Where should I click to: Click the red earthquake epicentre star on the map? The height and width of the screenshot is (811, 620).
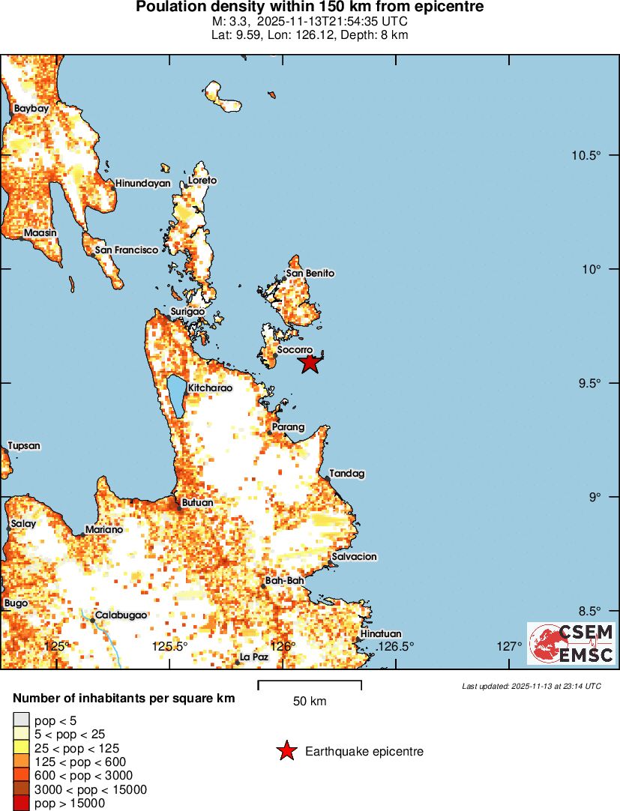310,364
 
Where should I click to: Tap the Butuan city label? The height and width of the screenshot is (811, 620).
198,503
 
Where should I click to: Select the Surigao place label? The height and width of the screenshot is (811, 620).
187,311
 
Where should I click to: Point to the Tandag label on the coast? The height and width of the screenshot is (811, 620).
347,474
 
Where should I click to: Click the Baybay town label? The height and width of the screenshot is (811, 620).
31,109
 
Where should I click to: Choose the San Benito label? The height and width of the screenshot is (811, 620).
310,274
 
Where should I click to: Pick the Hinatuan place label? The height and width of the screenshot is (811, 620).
381,634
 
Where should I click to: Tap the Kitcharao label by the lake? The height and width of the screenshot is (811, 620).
211,388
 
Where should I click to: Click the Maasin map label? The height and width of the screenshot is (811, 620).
40,233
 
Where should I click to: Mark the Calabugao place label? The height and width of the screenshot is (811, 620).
120,615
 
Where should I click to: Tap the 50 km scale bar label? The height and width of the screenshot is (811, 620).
310,702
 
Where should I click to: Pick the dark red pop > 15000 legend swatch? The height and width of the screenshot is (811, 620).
21,804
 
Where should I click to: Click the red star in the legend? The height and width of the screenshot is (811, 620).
286,751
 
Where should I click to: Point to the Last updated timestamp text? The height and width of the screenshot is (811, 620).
532,686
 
